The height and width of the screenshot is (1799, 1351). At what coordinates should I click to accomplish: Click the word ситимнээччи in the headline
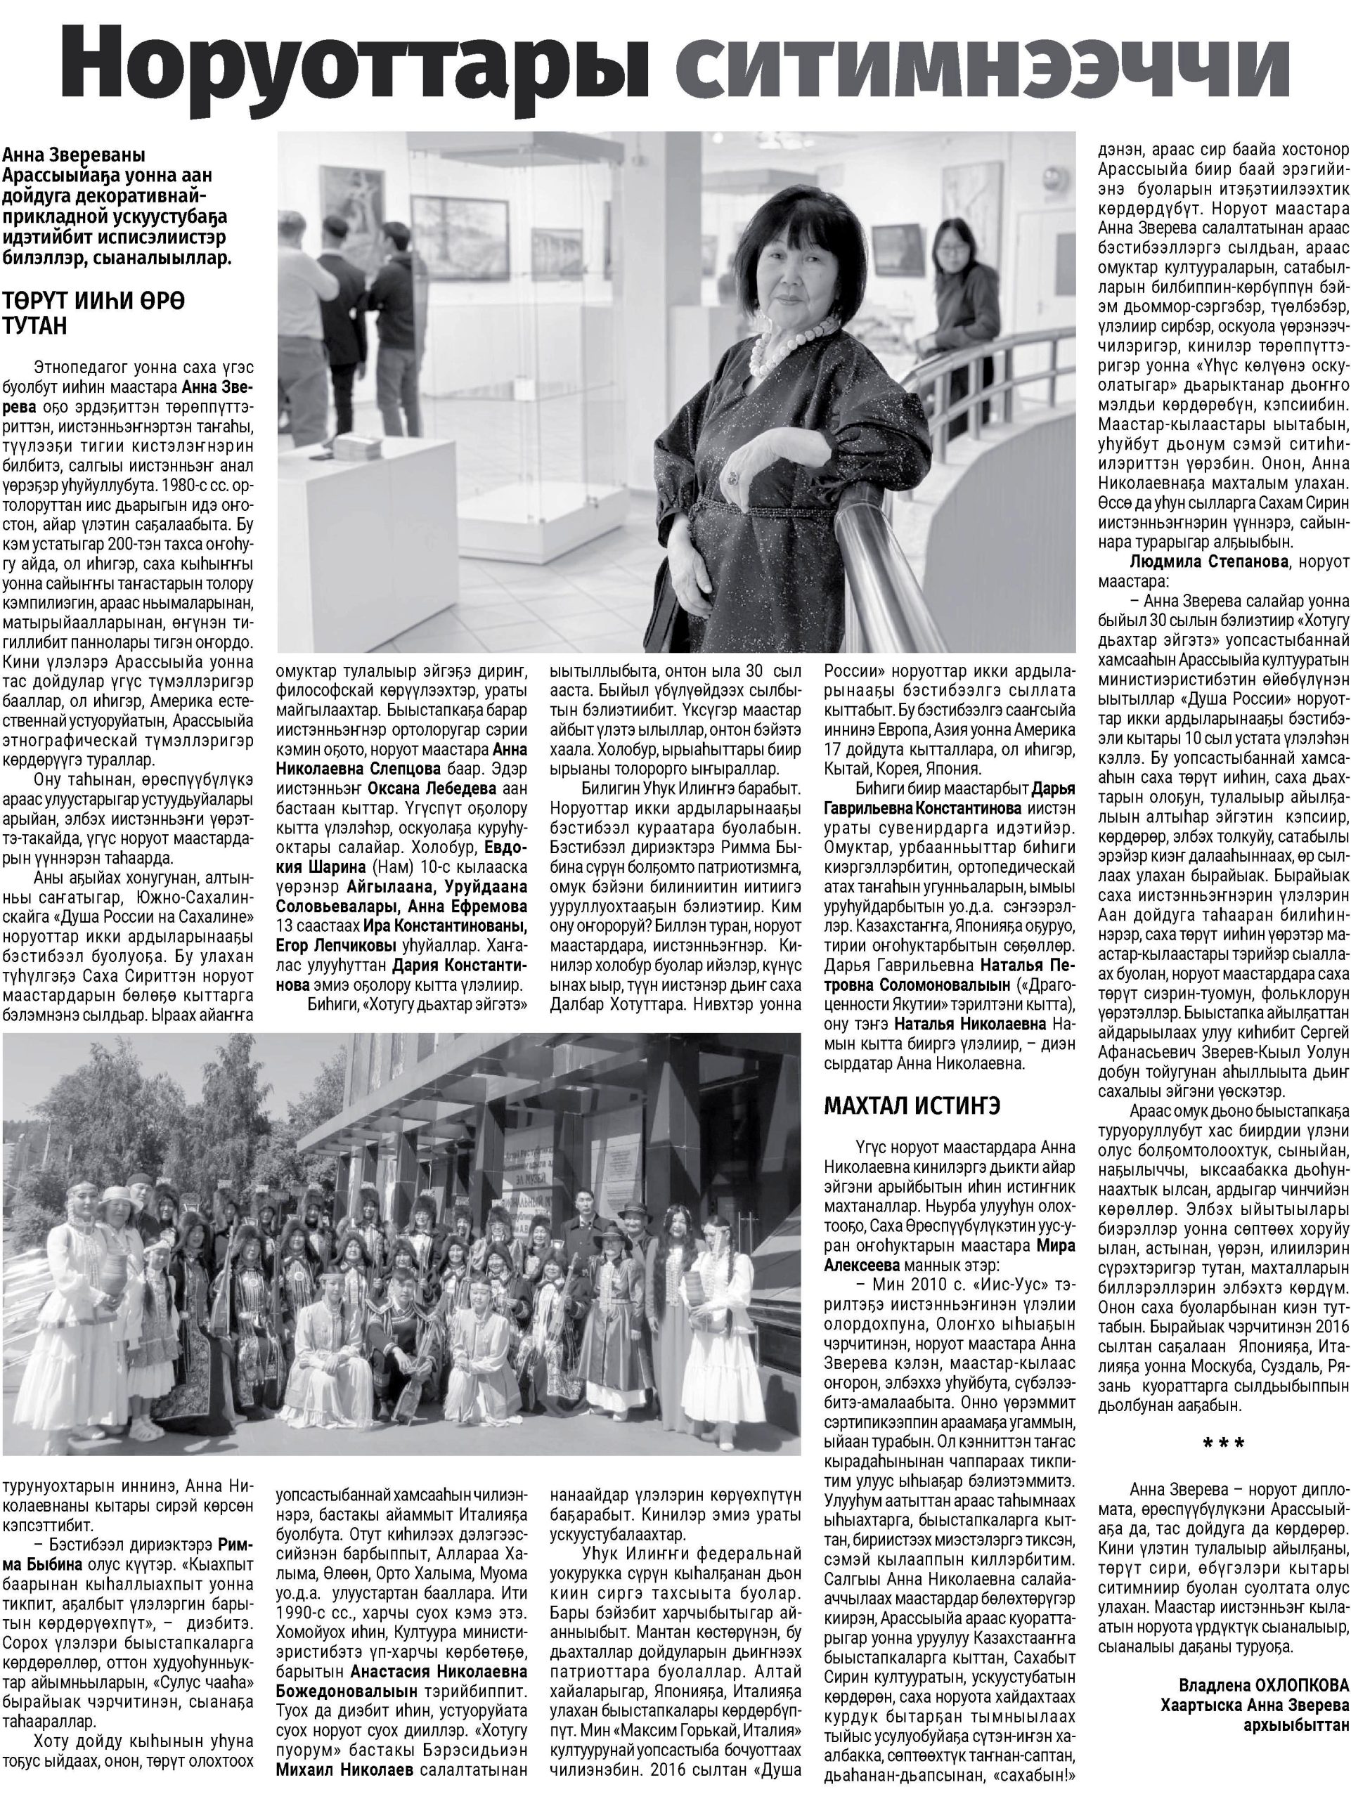tap(983, 72)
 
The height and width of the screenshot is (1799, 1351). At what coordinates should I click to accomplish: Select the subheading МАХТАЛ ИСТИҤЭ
tap(912, 1106)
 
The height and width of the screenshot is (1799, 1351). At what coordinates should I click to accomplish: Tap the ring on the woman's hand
tap(733, 476)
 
